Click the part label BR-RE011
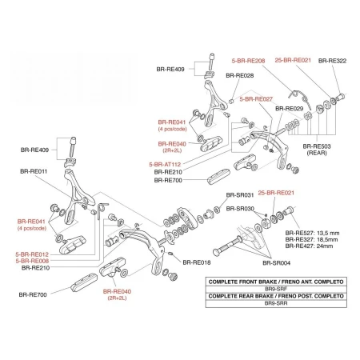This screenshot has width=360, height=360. coord(34,171)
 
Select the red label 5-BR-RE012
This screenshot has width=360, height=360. coord(32,254)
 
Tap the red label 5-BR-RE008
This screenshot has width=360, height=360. coord(32,261)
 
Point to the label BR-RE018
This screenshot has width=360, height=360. coord(197,262)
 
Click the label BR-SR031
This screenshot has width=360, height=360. coord(240,195)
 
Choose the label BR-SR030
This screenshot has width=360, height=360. coord(240,209)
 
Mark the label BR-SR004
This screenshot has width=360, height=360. coord(277,263)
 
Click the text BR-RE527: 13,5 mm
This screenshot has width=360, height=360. coord(312,233)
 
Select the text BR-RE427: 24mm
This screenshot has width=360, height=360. coord(309,246)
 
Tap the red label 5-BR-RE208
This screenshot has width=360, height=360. coord(248,61)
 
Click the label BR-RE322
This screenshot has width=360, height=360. coord(332,61)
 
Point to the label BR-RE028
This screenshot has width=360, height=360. coord(240,75)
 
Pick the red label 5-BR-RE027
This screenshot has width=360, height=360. coord(256,99)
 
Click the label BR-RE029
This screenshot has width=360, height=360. coord(290,109)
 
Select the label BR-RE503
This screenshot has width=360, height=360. coord(317,146)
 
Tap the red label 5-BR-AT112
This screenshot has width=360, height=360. coord(165,165)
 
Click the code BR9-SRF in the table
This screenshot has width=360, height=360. coord(276,289)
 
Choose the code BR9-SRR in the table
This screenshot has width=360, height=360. coord(276,303)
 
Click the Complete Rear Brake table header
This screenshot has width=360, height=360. coord(276,296)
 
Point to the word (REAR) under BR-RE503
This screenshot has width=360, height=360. coord(317,153)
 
